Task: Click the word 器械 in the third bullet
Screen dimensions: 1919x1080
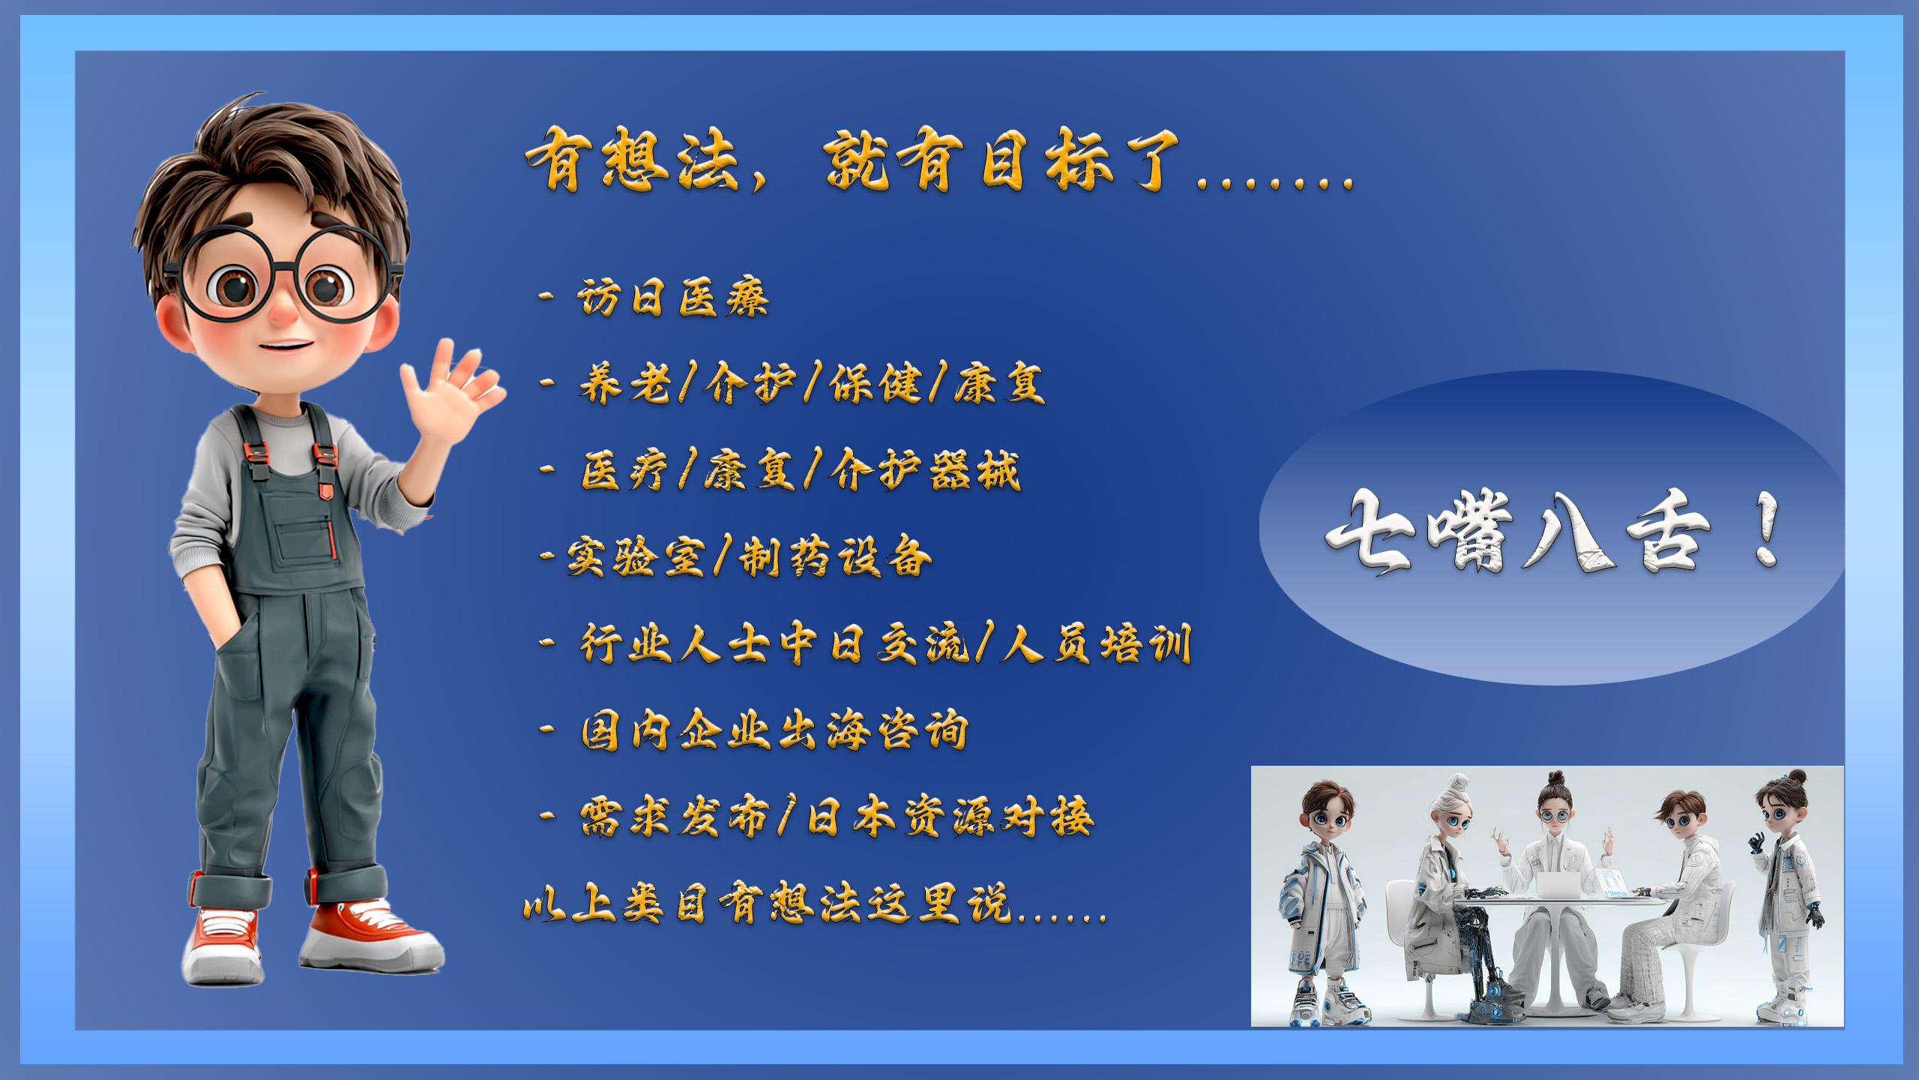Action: (974, 471)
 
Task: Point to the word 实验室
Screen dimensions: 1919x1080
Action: (636, 557)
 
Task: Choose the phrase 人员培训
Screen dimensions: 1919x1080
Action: (1097, 643)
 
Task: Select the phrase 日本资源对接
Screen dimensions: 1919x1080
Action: (951, 816)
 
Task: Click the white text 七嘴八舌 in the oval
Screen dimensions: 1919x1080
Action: (1519, 531)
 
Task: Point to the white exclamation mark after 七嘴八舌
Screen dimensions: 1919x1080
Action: (1767, 529)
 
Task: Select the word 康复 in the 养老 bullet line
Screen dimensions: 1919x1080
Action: (999, 383)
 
